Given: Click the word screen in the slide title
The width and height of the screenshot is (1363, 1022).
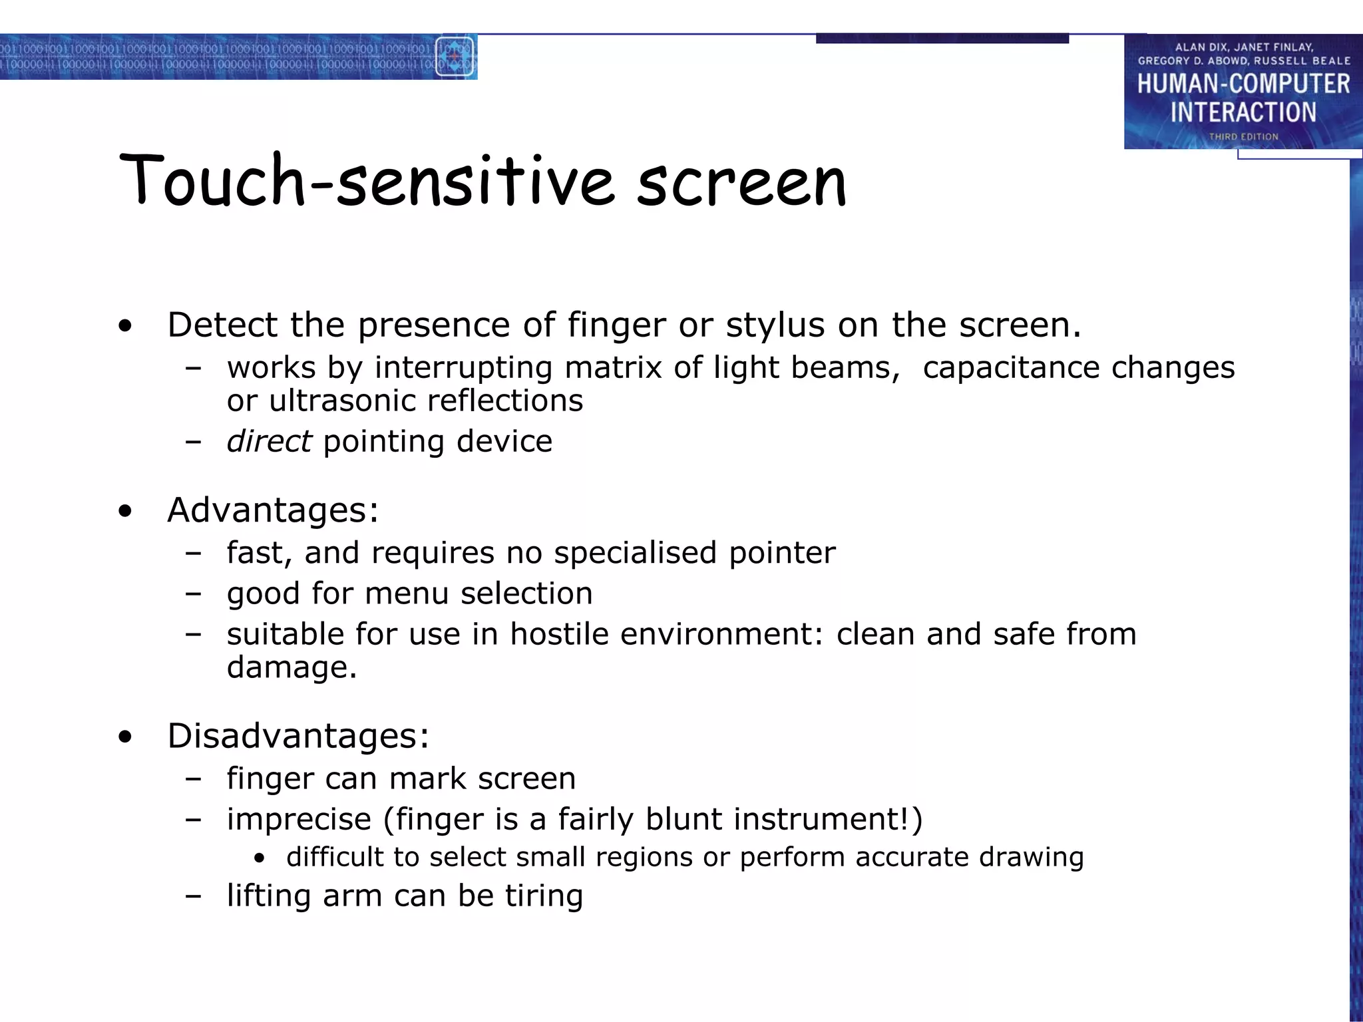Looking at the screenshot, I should click(741, 182).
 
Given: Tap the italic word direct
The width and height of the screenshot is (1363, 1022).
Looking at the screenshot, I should click(269, 441).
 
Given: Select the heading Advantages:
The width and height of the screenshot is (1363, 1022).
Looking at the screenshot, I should click(273, 510).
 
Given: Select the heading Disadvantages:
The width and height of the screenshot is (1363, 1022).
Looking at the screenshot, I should click(298, 736).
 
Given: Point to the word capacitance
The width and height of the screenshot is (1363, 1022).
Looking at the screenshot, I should click(1012, 368).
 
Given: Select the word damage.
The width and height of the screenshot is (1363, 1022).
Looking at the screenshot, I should click(287, 668).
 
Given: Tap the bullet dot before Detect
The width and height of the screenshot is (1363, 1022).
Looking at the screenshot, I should click(125, 327).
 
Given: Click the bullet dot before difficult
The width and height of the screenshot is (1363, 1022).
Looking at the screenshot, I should click(260, 859).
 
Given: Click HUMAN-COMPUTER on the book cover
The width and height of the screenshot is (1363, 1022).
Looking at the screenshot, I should click(1243, 85).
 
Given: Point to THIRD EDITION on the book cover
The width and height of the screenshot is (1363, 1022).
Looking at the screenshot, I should click(1243, 136).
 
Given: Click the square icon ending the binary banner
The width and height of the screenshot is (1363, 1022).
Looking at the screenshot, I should click(455, 57).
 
